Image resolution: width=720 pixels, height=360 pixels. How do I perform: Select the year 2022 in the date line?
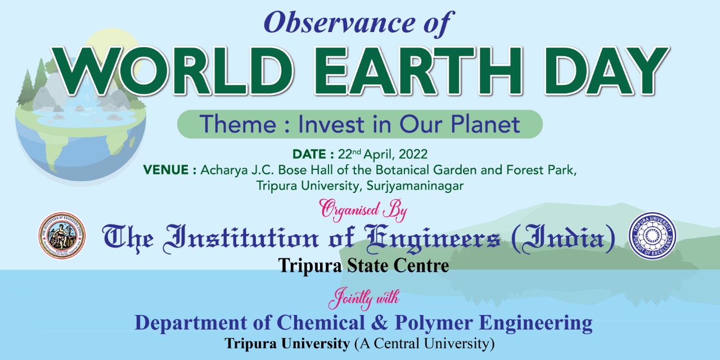(x=413, y=154)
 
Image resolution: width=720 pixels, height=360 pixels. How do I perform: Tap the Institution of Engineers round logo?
(x=62, y=236)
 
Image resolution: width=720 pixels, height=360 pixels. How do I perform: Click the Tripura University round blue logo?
(x=652, y=236)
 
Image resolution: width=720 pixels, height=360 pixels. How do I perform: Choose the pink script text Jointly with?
(x=363, y=298)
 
